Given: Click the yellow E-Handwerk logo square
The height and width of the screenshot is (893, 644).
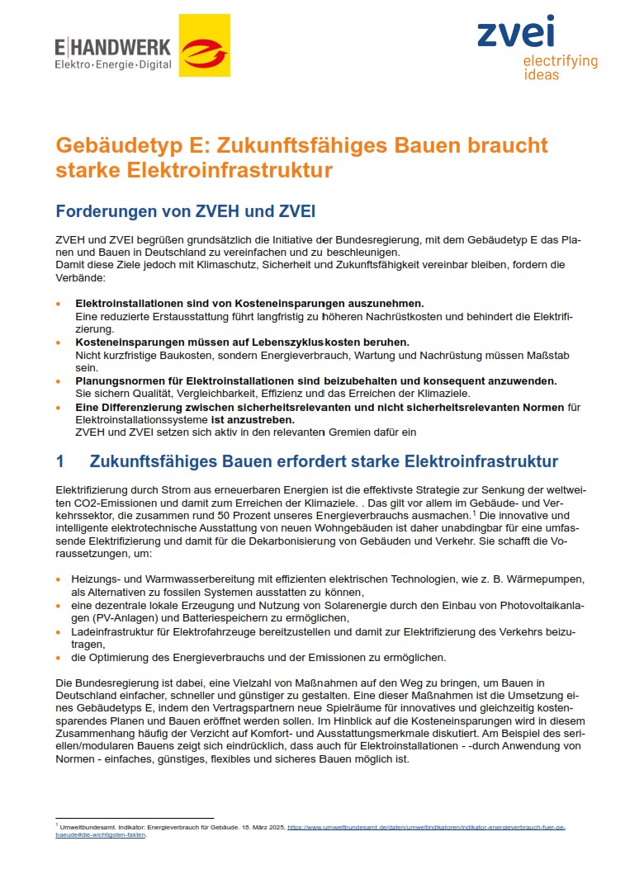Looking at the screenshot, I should (204, 46).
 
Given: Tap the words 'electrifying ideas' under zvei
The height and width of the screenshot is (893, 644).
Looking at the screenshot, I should (560, 68).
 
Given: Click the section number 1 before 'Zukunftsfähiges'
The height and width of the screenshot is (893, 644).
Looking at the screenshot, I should (59, 461).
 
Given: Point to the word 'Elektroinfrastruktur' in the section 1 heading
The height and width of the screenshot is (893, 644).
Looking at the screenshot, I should (478, 461).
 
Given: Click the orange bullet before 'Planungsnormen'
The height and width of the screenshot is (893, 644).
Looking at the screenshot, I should (59, 380).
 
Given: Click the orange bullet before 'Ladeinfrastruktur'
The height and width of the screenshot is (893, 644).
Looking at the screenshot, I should (59, 631).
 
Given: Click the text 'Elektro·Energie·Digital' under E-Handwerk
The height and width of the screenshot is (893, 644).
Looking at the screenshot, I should (113, 64).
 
